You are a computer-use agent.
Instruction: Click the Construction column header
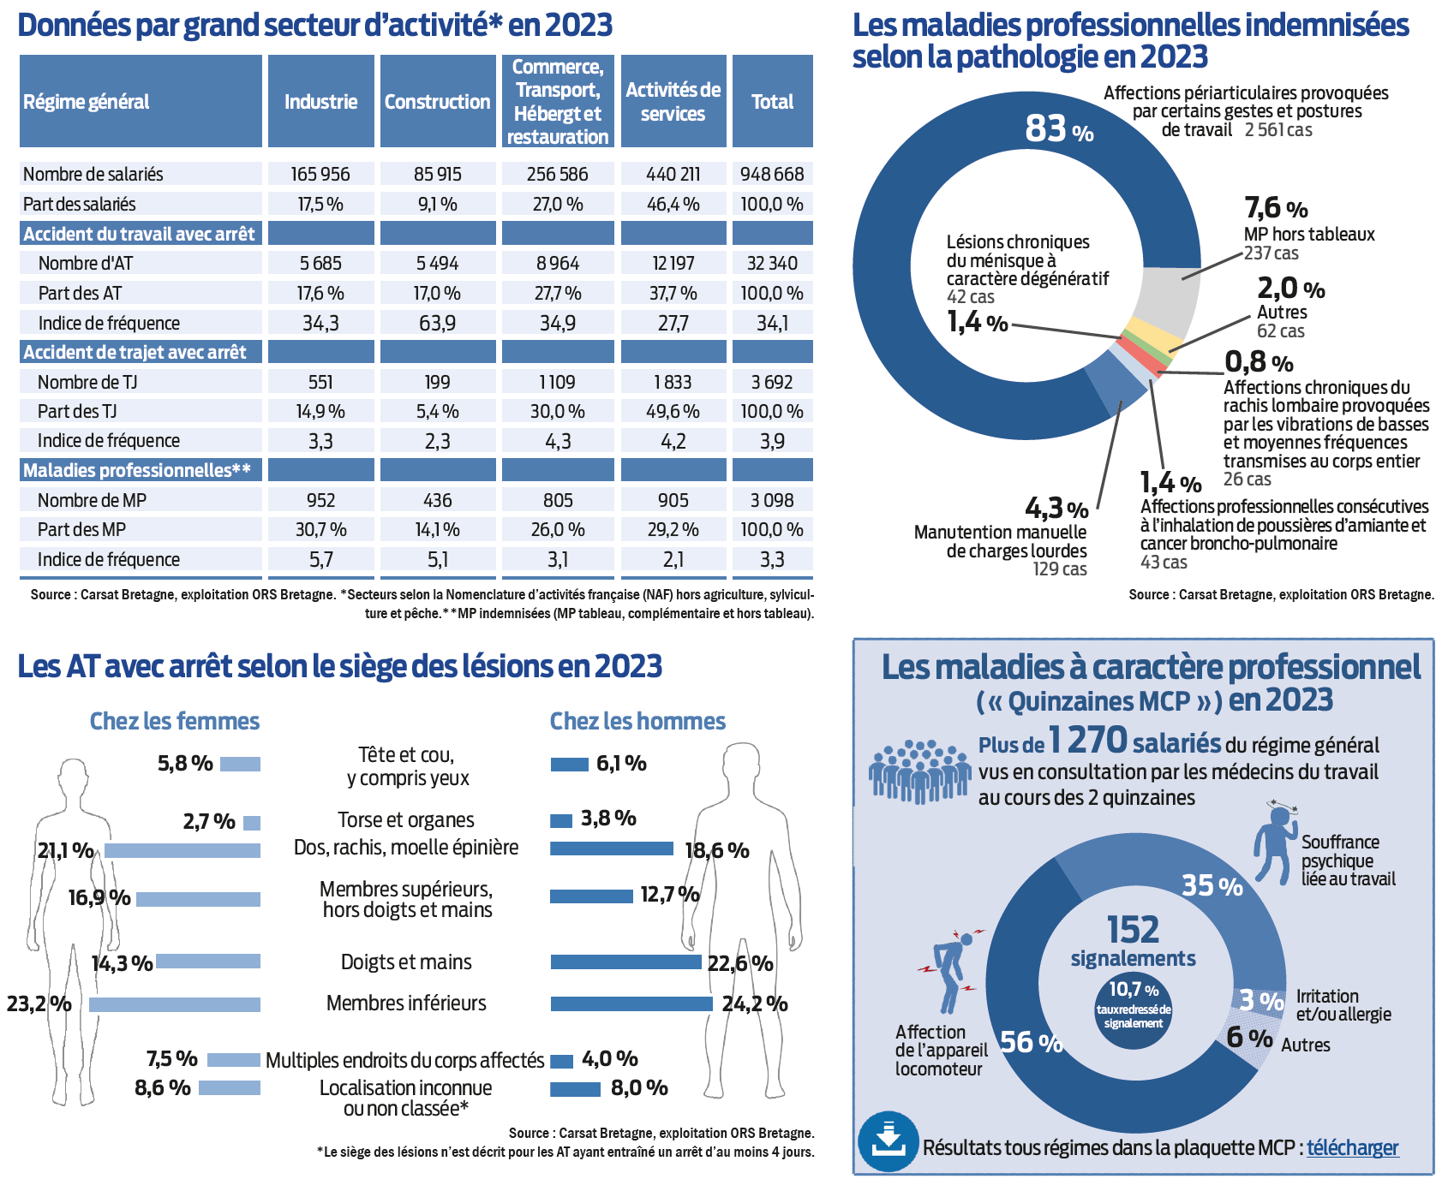coord(437,102)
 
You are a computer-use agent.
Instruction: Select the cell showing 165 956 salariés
coord(320,174)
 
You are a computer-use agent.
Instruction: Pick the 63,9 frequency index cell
coord(437,323)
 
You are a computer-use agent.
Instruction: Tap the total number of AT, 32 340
coord(772,263)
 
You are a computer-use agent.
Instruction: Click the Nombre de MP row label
coord(92,500)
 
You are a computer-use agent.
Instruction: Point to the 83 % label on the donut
coord(1059,129)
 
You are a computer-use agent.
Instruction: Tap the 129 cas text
coord(1060,569)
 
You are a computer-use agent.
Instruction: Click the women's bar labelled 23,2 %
coord(175,1004)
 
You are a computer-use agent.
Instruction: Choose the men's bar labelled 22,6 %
coord(625,962)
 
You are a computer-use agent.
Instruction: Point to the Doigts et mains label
coord(406,962)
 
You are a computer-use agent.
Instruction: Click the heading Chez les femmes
coord(175,722)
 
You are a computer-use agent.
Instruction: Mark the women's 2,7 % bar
coord(252,823)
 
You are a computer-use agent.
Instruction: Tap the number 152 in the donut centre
coord(1133,930)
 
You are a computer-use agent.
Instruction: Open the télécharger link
coord(1352,1148)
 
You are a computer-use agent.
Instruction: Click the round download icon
coord(889,1141)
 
